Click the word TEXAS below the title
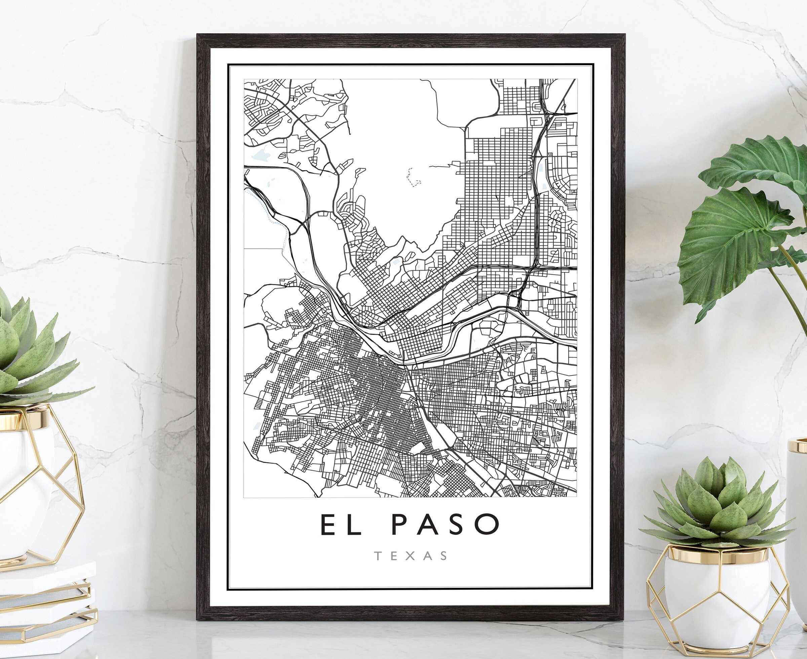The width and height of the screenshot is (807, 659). [x=411, y=556]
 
